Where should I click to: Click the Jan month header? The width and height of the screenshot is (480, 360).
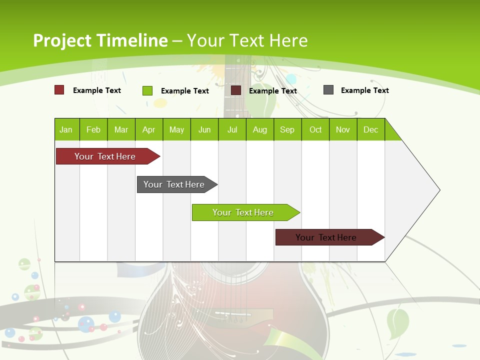click(x=66, y=129)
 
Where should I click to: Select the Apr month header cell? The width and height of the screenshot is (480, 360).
click(x=149, y=129)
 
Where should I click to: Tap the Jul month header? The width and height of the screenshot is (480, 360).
click(x=232, y=129)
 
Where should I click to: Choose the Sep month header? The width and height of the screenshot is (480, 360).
click(x=287, y=129)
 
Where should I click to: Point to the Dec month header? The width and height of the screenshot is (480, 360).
click(x=370, y=129)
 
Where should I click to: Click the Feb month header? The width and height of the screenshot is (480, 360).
click(x=93, y=129)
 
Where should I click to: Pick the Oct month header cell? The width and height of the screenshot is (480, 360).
click(x=315, y=129)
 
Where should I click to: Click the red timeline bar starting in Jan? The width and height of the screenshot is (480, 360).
click(x=105, y=156)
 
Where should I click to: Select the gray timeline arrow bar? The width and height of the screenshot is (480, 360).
click(x=174, y=184)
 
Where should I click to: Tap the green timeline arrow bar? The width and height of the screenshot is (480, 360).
click(x=243, y=212)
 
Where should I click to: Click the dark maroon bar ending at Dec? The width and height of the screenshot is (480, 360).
click(x=326, y=237)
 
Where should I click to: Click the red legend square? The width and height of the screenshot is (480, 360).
click(x=59, y=90)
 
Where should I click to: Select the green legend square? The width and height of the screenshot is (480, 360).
click(x=147, y=90)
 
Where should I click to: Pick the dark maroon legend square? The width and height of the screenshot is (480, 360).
click(x=236, y=90)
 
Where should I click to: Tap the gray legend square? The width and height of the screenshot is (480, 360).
click(x=328, y=90)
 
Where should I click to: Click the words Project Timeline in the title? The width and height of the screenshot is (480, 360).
click(x=100, y=40)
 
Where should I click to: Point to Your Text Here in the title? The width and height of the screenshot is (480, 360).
click(x=247, y=40)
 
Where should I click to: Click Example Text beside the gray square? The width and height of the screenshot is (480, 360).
click(x=364, y=90)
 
